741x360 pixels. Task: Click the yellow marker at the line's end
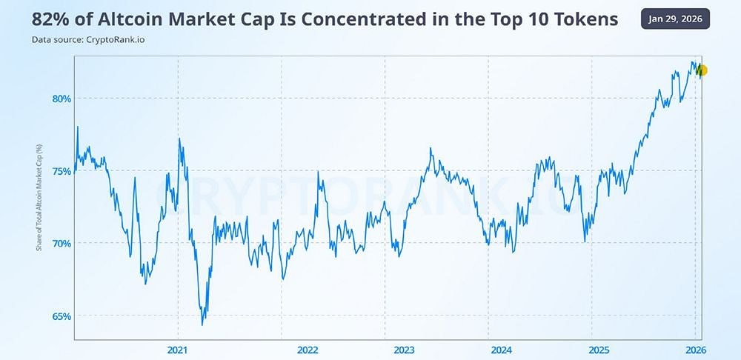click(702, 70)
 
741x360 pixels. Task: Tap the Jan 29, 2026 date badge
click(675, 19)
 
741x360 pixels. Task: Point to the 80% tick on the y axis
click(61, 99)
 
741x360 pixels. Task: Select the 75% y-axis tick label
click(61, 171)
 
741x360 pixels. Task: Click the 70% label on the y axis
click(61, 244)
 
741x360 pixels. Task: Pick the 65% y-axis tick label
click(61, 316)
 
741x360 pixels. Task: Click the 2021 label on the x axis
click(177, 350)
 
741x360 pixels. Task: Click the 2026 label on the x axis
click(694, 350)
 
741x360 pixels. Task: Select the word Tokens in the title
click(583, 19)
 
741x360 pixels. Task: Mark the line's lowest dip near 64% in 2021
click(202, 324)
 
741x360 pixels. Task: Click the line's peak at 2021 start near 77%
click(179, 139)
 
